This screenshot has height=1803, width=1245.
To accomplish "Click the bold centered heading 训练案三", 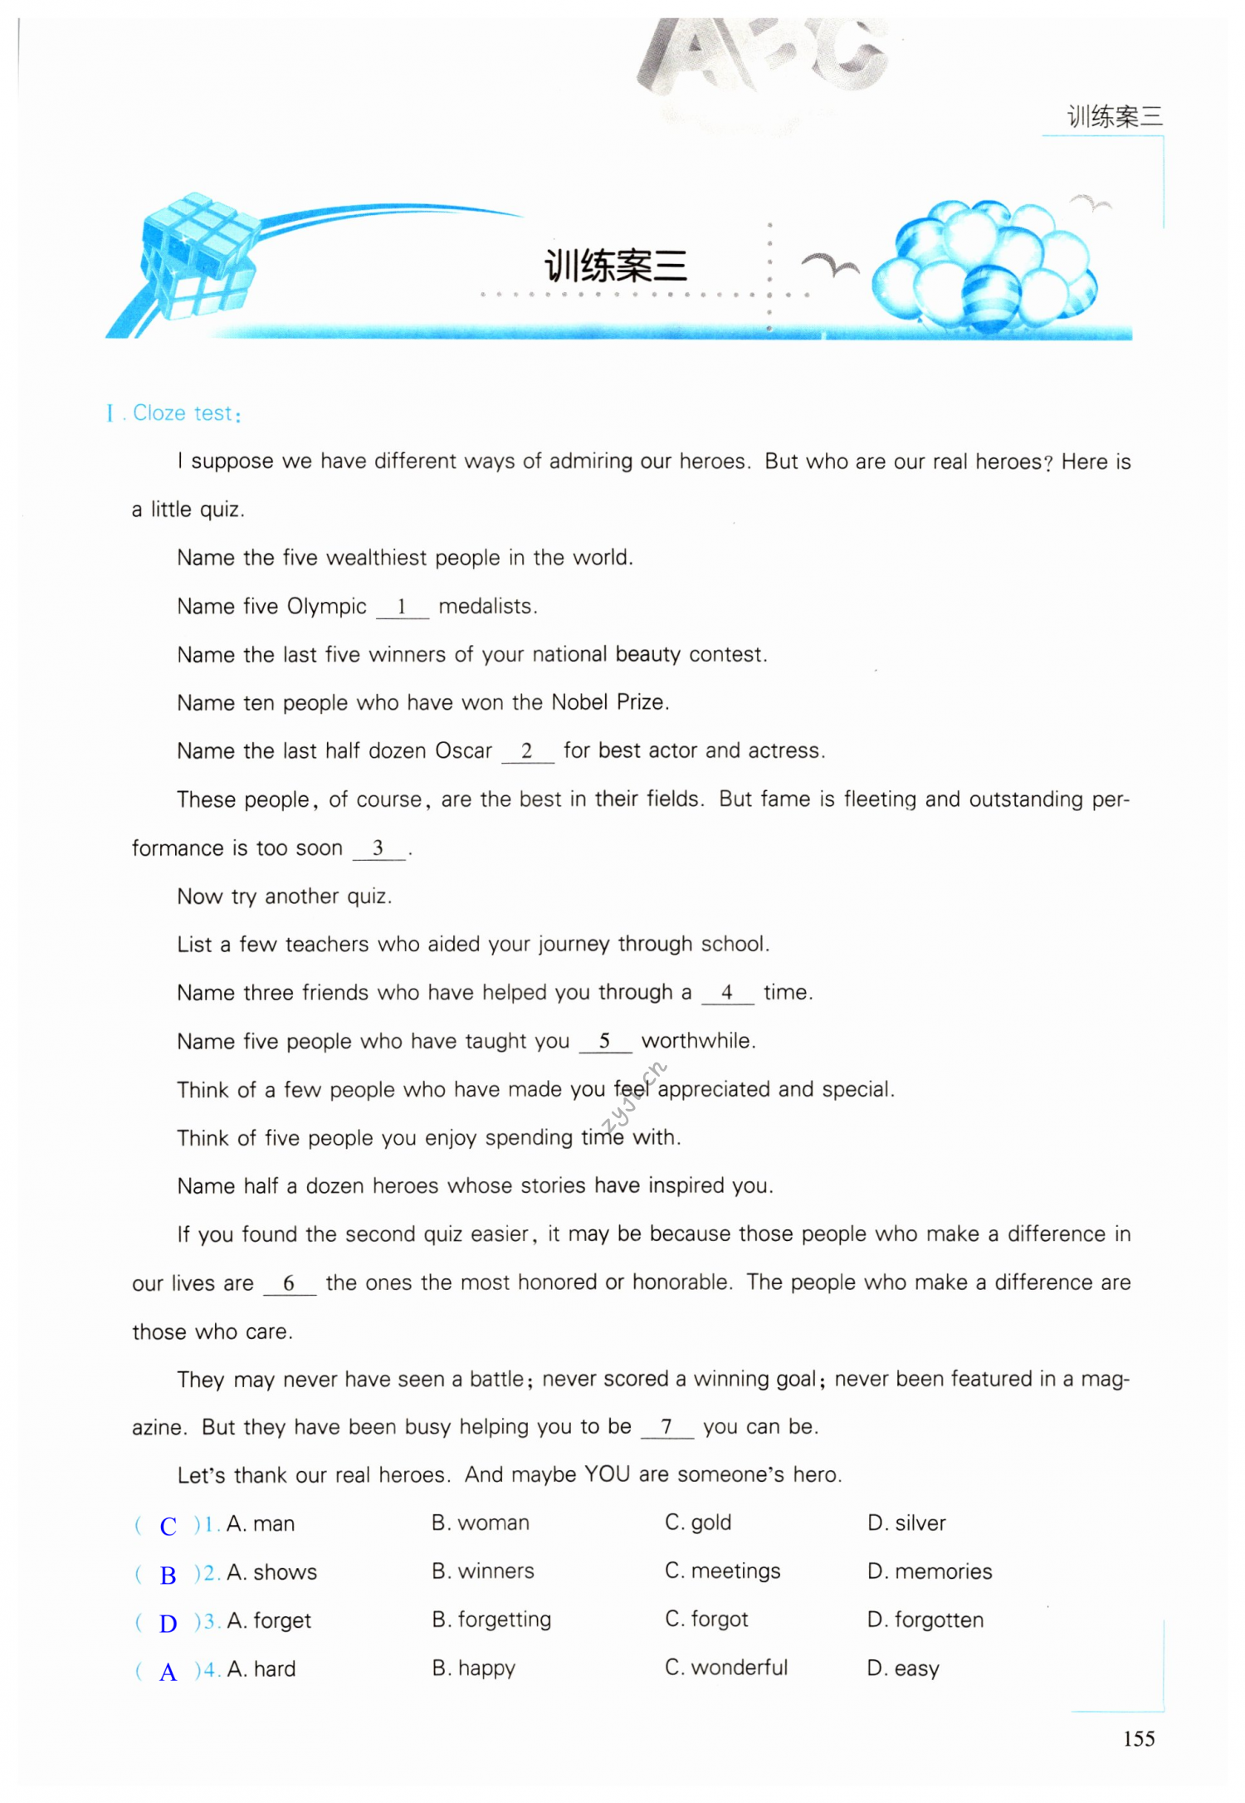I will point(615,266).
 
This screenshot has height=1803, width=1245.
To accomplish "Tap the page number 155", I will point(1138,1738).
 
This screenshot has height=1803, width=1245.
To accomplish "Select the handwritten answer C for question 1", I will point(168,1526).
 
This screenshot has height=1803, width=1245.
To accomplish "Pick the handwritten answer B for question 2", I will point(168,1575).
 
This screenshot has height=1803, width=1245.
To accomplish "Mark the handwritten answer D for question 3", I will point(168,1623).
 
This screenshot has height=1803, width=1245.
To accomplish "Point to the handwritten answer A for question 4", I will point(168,1671).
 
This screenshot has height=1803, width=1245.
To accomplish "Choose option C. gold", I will point(697,1522).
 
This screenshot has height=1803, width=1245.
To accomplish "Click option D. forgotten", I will point(925,1620).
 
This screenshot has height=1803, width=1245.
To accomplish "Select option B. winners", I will point(482,1571).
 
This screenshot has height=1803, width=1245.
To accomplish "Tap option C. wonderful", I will point(725,1668).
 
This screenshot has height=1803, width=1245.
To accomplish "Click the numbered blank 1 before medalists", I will point(402,607).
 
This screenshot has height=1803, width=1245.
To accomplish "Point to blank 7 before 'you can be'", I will point(666,1427).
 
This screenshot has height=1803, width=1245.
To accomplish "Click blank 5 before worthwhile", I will point(605,1041).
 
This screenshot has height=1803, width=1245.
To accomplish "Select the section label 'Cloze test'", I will point(183,413).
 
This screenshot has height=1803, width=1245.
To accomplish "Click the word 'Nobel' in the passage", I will point(580,702).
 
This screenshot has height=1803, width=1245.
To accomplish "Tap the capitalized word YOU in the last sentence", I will point(607,1474).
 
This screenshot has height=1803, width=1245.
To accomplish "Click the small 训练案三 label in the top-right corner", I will point(1114,116).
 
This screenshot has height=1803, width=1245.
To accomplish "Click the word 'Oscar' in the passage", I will point(463,750).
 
